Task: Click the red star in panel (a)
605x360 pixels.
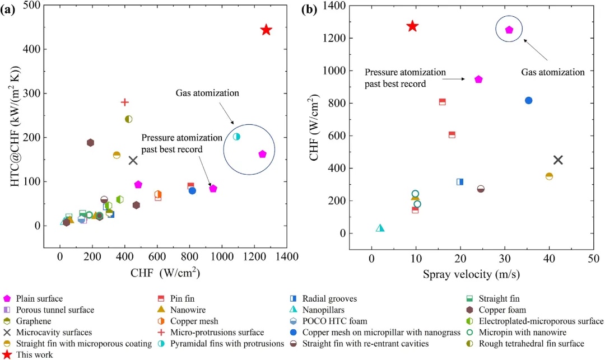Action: coord(266,30)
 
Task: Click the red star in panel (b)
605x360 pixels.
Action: coord(412,26)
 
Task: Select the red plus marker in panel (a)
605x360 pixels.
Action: coord(125,102)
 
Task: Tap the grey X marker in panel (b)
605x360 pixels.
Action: coord(558,160)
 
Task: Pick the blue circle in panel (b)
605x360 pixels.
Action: coord(528,100)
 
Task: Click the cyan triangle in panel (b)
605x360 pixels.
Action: coord(380,228)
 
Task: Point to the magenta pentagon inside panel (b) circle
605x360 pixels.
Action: coord(509,30)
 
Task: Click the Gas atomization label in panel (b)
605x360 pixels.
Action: coord(552,72)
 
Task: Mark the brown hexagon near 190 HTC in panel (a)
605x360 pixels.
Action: coord(90,143)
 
